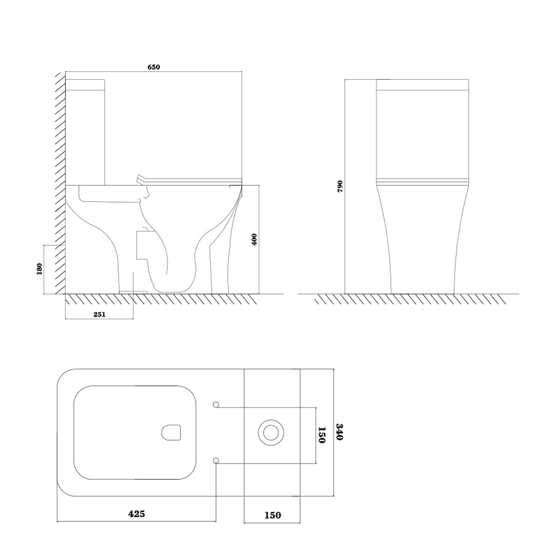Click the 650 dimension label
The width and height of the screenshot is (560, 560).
coord(154,67)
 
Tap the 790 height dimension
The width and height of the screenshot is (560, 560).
coord(340,186)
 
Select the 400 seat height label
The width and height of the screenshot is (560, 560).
coord(254,240)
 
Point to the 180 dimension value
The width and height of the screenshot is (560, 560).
coord(40,269)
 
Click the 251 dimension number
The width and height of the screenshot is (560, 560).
coord(99,314)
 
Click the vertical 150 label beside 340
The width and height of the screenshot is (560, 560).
coord(322,435)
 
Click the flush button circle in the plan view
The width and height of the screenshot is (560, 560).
coord(271,433)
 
